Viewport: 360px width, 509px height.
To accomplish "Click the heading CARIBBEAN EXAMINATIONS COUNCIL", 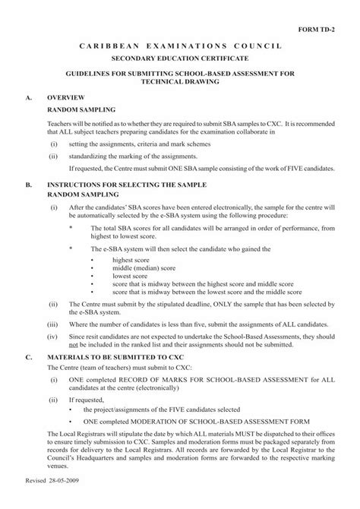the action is point(180,47).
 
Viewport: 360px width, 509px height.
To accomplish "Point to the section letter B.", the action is point(28,185).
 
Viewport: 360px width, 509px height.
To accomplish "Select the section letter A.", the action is point(28,99).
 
